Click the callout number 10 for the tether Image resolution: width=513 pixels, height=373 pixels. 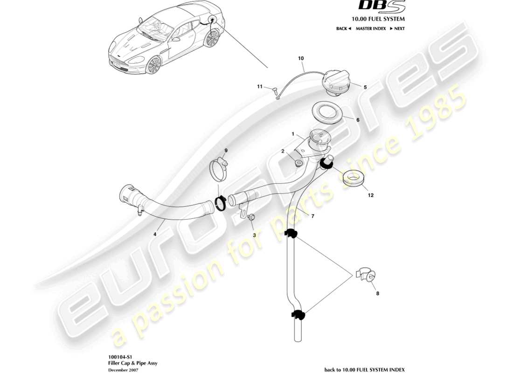pyautogui.click(x=301, y=59)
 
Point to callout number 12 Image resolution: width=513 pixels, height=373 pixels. pyautogui.click(x=371, y=195)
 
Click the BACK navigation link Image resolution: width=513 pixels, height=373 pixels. pyautogui.click(x=343, y=28)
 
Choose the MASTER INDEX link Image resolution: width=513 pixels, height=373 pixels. pyautogui.click(x=370, y=28)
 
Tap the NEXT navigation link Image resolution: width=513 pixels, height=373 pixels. pyautogui.click(x=398, y=28)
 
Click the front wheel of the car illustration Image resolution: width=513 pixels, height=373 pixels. pyautogui.click(x=153, y=65)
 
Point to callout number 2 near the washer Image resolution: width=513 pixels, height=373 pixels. pyautogui.click(x=283, y=151)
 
